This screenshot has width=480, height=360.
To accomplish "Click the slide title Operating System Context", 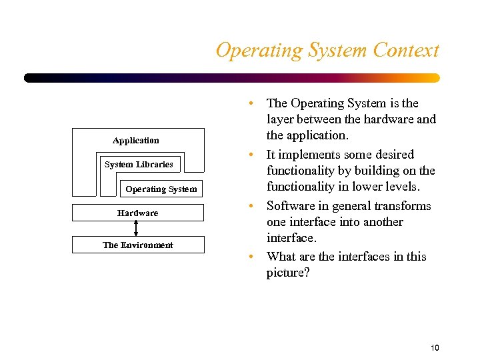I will click(327, 51).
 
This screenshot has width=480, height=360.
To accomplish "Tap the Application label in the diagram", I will click(136, 141).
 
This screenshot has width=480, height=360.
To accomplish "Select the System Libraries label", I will click(139, 165).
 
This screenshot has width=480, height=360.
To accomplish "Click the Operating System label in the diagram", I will click(161, 189).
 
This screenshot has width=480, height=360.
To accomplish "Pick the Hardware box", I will click(137, 213).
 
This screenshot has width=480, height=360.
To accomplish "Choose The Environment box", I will click(137, 245).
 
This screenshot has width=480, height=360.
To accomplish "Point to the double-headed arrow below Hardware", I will click(136, 229).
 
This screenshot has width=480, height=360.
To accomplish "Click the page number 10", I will click(435, 347).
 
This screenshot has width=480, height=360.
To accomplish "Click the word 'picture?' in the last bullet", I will click(288, 273).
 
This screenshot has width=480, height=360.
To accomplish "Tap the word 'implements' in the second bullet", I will click(309, 155).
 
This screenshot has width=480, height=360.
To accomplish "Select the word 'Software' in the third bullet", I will click(290, 206).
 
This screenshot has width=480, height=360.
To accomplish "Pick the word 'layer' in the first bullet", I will click(281, 119).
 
